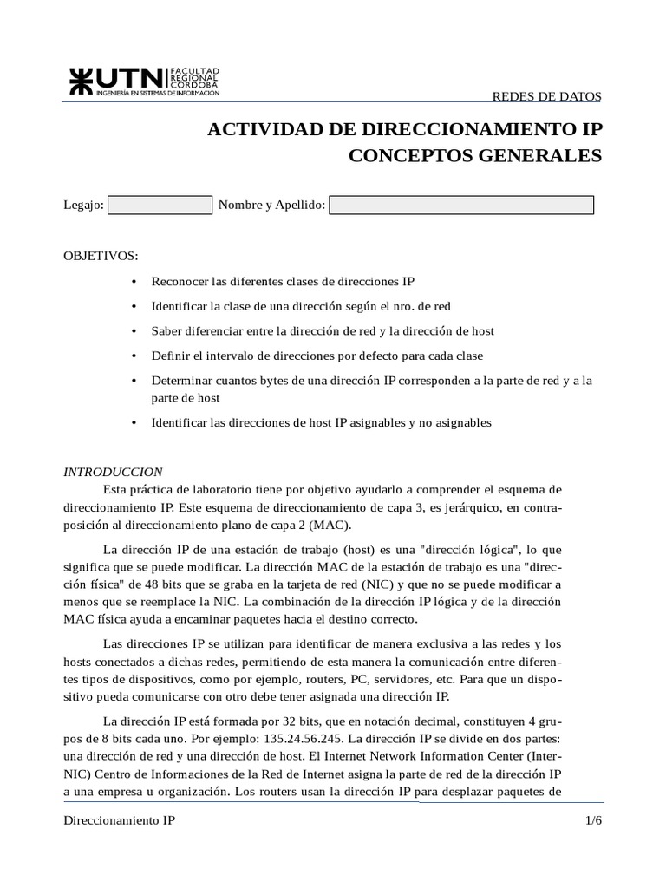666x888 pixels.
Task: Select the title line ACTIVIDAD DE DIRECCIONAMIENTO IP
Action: click(404, 130)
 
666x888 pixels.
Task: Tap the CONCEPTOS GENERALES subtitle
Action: click(474, 156)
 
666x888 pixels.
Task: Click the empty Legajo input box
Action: click(160, 206)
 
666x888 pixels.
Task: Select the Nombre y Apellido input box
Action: click(461, 206)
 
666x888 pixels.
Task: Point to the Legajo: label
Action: click(84, 206)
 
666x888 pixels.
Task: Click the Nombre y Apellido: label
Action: click(271, 206)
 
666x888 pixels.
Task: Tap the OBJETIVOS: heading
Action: click(101, 257)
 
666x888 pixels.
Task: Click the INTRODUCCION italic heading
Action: click(114, 472)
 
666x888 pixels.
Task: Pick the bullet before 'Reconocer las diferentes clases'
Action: click(134, 282)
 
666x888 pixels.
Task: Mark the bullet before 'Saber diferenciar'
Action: click(134, 331)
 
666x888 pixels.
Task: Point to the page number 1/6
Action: click(593, 819)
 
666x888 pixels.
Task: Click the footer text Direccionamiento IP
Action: click(120, 819)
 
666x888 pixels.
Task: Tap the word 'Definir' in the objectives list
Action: click(169, 356)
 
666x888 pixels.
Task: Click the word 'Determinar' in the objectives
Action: click(180, 381)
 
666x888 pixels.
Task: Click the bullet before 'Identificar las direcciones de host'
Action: click(134, 423)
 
